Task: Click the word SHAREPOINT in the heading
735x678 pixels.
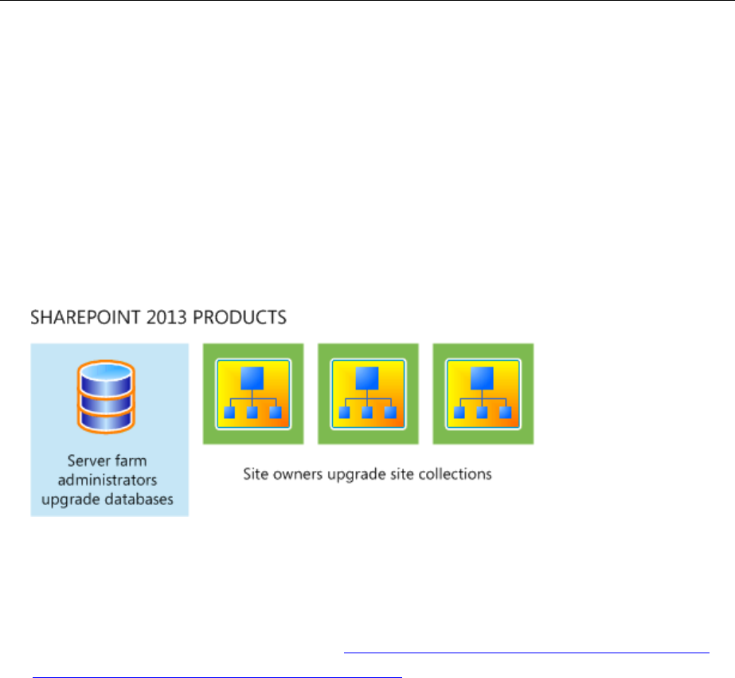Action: pos(85,317)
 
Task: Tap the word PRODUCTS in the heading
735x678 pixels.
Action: pos(240,317)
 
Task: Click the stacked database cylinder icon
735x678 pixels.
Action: pos(107,397)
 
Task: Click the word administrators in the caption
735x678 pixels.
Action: pos(108,480)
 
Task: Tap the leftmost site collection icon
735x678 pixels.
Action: pos(253,394)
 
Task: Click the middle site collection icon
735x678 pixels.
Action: pos(368,394)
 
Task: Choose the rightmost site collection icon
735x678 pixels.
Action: pos(483,394)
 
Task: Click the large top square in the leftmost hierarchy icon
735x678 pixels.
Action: pos(252,378)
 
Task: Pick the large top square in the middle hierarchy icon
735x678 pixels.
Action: pos(367,378)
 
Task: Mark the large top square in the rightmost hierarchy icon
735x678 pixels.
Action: pos(482,378)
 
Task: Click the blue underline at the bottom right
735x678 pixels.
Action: pos(526,652)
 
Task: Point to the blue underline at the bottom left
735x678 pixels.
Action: pos(217,676)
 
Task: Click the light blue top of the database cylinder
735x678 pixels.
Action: pos(107,372)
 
